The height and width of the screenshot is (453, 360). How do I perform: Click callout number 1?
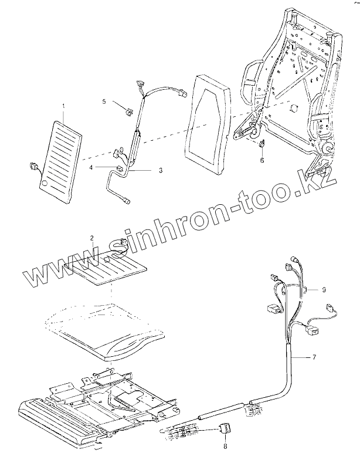[64, 106]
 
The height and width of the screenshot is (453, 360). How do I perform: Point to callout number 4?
[91, 168]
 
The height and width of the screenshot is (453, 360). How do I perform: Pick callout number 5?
[104, 101]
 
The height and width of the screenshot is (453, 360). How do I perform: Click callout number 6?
[261, 160]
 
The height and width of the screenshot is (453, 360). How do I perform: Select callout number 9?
[324, 289]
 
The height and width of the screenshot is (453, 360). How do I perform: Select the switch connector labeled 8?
[225, 429]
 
